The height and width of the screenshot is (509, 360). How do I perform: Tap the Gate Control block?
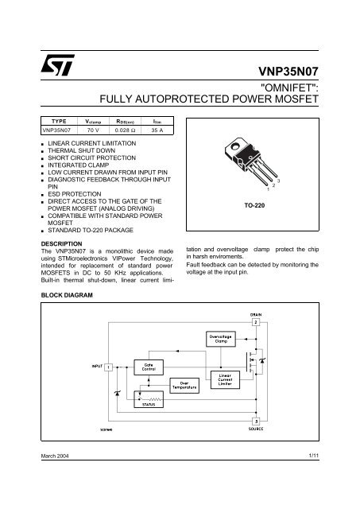(149, 367)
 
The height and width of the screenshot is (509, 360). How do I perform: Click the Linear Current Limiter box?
(225, 379)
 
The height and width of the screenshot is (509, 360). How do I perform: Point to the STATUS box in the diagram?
(149, 404)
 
